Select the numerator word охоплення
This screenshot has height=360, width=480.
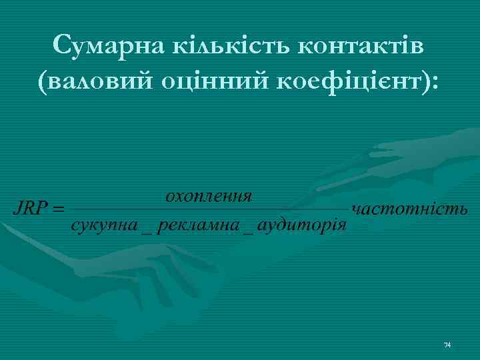click(x=209, y=196)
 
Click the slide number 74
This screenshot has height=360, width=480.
click(x=447, y=345)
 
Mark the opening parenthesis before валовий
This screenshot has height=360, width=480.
click(x=45, y=84)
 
